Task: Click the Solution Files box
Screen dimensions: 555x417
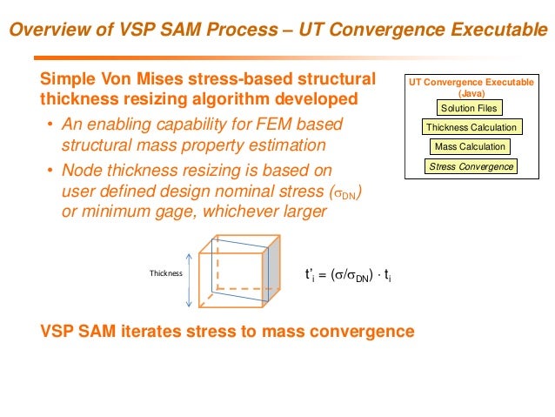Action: pos(469,109)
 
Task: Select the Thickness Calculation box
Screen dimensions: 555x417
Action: pos(471,128)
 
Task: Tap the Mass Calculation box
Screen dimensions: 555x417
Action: pos(470,147)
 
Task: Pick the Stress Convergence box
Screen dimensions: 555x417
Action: pos(471,166)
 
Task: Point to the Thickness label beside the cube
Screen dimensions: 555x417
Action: pos(166,272)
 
